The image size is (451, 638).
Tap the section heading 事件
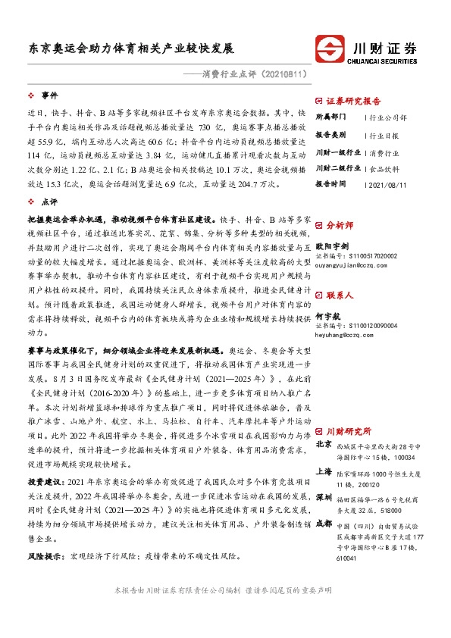(x=49, y=96)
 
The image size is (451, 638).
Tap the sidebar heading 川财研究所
(x=348, y=387)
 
